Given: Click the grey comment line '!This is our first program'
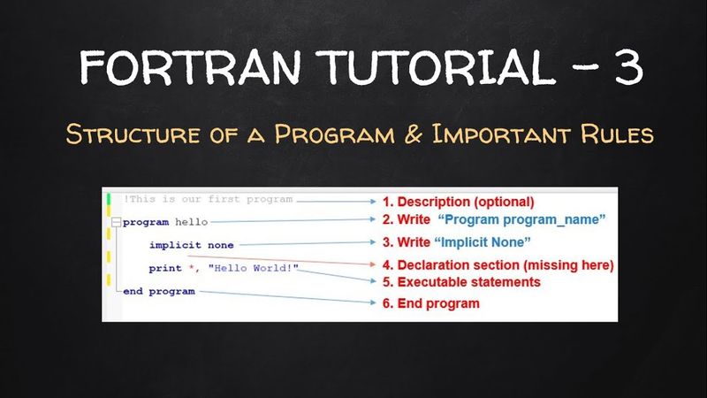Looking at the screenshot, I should pos(207,199).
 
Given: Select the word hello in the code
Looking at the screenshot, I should pos(191,222).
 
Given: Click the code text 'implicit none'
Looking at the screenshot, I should pos(191,244).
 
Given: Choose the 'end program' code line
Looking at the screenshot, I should pos(159,291).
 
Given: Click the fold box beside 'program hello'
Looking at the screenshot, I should pos(116,222).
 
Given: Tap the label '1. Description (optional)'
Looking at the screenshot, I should pos(458,201).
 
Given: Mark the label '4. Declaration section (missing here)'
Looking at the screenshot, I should pos(497,264).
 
